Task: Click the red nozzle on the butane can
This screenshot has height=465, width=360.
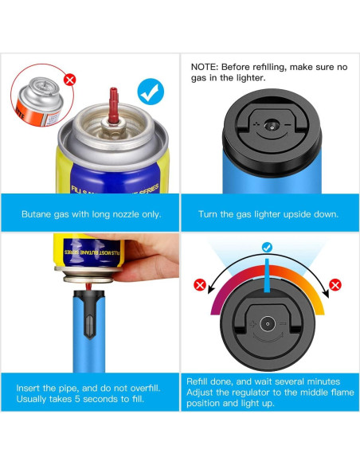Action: [113, 105]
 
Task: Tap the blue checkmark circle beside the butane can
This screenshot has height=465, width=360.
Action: [151, 92]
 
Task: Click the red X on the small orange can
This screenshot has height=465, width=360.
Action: [70, 80]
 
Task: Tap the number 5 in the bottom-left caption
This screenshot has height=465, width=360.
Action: [77, 399]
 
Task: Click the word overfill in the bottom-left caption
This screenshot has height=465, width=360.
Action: [145, 388]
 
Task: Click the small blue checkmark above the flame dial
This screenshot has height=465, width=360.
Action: [267, 248]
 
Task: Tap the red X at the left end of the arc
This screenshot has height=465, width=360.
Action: [200, 285]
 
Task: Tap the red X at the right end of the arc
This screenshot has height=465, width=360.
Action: [335, 285]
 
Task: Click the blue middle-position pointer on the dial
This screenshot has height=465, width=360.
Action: [267, 275]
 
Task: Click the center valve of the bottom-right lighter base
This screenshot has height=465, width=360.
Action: [268, 324]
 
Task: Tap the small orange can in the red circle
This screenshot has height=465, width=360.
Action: [40, 101]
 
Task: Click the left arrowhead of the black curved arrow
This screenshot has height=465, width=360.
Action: [211, 289]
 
